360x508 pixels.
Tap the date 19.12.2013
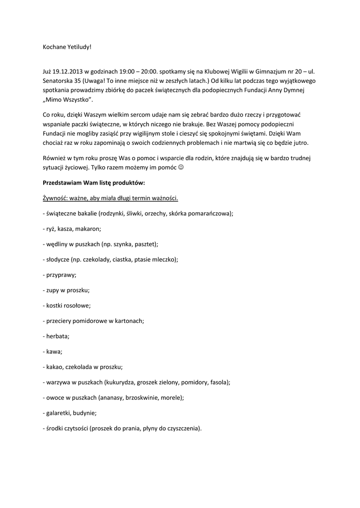click(69, 71)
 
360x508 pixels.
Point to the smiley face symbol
click(181, 168)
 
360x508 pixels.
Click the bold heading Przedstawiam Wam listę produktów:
click(93, 183)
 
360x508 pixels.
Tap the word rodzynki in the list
click(115, 213)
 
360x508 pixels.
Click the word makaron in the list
click(90, 229)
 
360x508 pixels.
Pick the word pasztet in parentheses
click(146, 244)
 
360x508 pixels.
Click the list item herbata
click(57, 336)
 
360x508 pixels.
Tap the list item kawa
click(54, 351)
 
